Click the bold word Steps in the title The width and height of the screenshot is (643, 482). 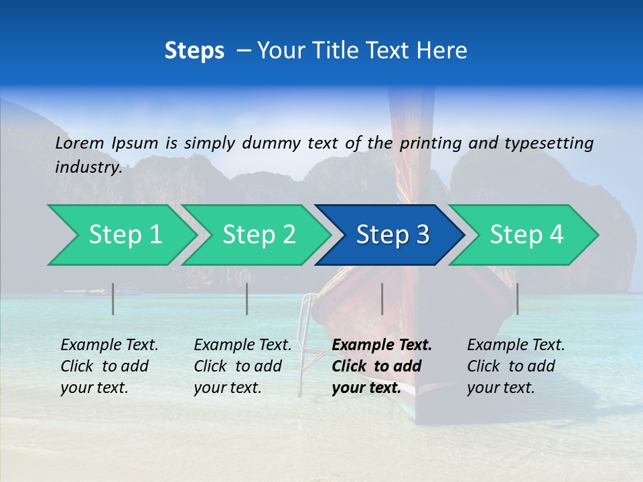pyautogui.click(x=194, y=51)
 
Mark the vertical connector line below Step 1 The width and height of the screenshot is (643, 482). pyautogui.click(x=113, y=299)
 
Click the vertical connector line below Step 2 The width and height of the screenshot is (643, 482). pyautogui.click(x=247, y=299)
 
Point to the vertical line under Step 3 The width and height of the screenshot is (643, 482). pyautogui.click(x=382, y=299)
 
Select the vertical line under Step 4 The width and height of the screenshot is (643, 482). pyautogui.click(x=517, y=299)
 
